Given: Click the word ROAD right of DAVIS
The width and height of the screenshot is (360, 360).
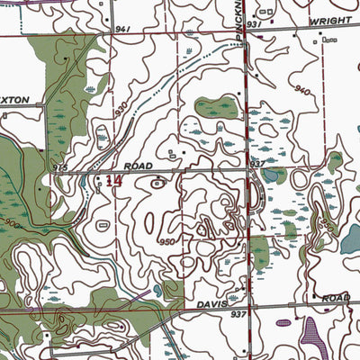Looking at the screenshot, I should pyautogui.click(x=336, y=297).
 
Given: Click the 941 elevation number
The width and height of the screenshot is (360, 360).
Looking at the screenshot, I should pyautogui.click(x=123, y=29).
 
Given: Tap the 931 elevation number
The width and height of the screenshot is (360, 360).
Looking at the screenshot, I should pyautogui.click(x=253, y=22).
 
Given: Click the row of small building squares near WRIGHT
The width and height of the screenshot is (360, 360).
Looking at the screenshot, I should pyautogui.click(x=328, y=40).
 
